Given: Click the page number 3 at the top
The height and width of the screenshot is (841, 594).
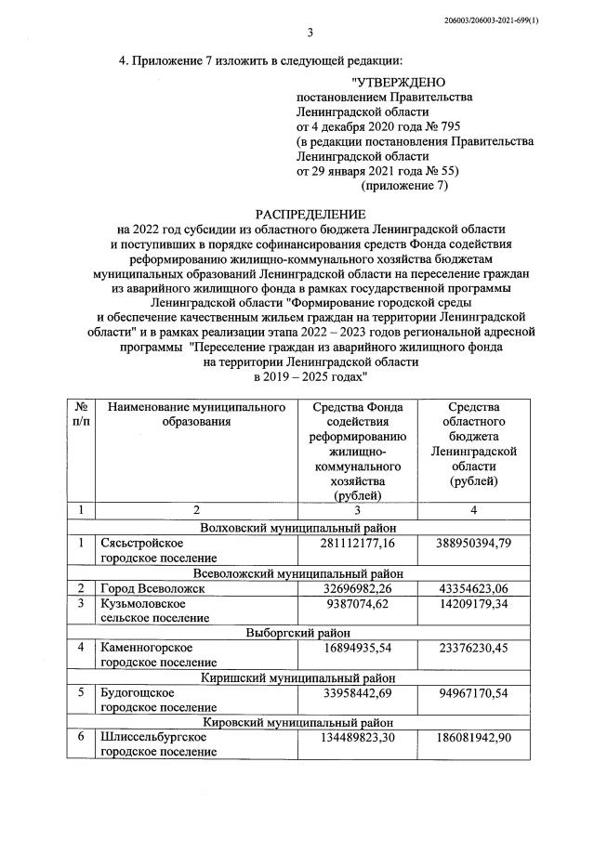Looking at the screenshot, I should [x=310, y=34].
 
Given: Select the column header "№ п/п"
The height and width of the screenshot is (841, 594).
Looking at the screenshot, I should [x=82, y=414].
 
